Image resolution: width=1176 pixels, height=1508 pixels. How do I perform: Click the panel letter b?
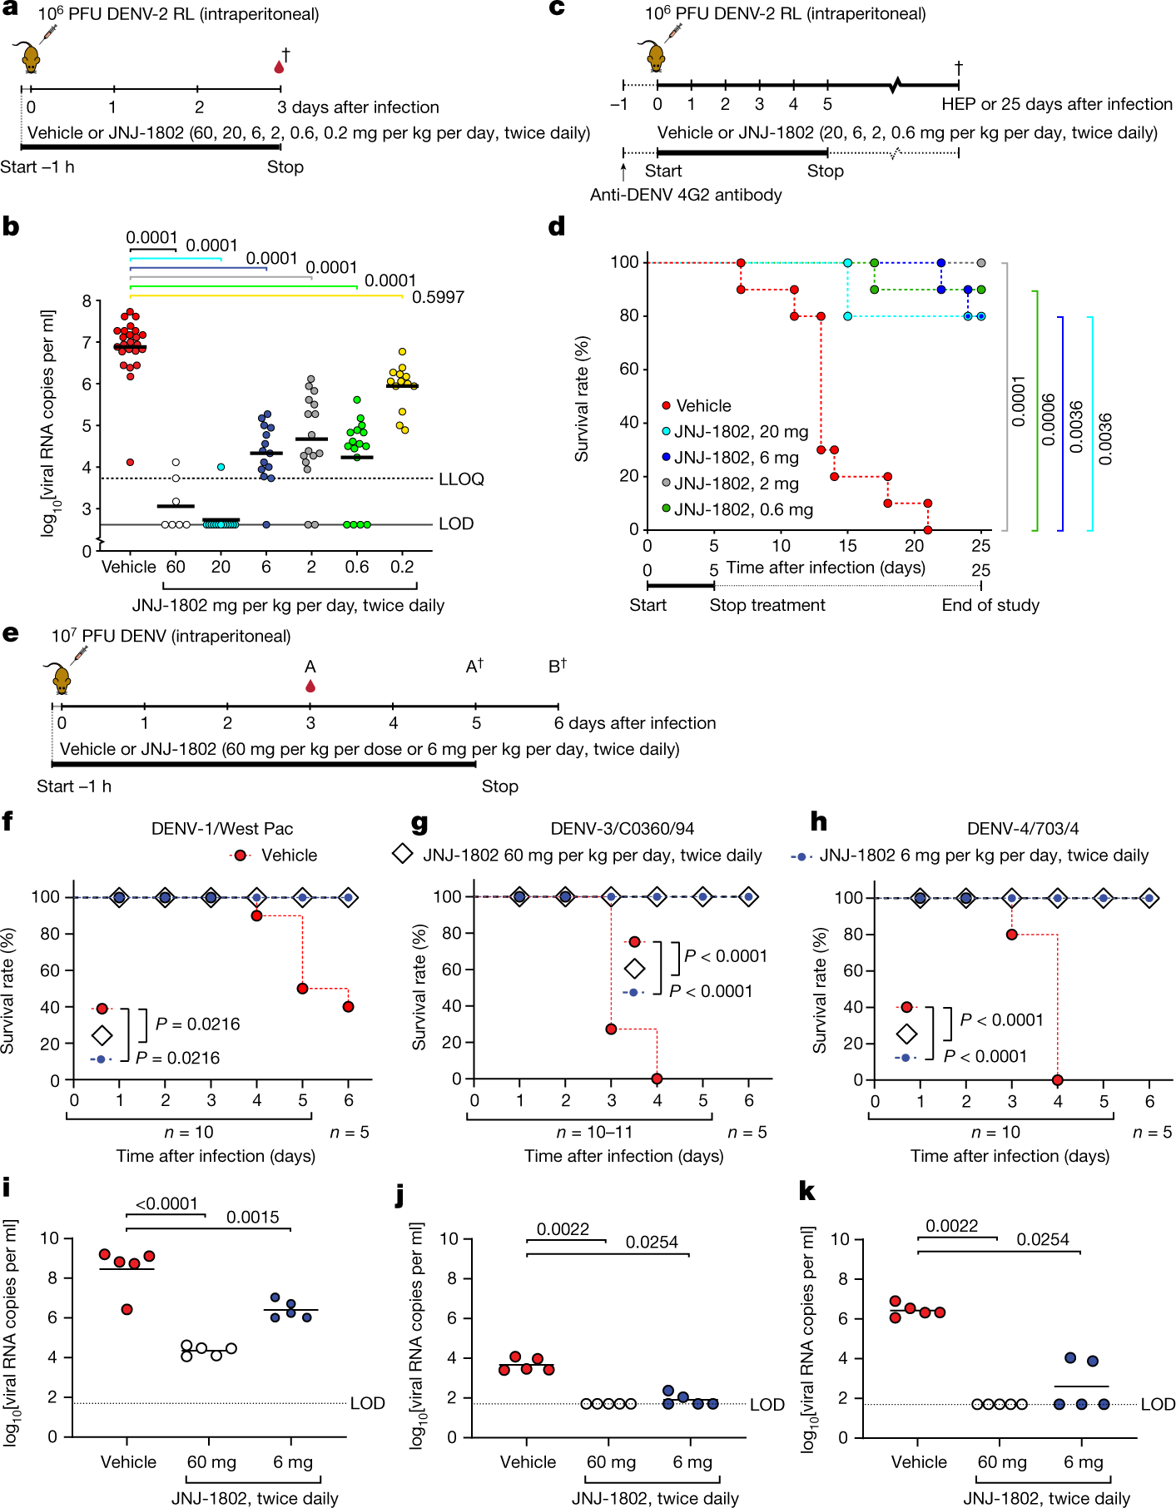11,226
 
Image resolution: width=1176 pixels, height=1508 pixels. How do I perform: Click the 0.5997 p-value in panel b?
438,297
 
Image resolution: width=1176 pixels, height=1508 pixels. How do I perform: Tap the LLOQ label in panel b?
461,479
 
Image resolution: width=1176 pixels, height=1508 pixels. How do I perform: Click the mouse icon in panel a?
32,58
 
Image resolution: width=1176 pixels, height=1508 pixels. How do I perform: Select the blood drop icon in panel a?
279,67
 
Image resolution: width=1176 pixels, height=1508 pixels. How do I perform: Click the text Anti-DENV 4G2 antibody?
686,195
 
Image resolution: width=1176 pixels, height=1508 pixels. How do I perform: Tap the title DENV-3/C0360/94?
622,828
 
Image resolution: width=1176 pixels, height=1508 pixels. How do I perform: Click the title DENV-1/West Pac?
221,828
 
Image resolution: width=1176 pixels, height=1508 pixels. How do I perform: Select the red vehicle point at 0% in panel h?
1057,1079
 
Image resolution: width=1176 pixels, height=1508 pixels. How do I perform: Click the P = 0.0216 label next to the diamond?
197,1024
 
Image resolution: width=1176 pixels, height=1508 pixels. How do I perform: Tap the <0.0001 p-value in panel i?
166,1203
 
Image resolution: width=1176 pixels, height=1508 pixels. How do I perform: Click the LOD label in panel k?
1157,1404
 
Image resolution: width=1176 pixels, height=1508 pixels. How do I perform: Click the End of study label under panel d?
990,605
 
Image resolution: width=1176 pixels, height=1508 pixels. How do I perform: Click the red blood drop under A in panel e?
310,687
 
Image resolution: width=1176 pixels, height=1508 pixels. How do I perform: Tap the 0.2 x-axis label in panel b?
402,566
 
